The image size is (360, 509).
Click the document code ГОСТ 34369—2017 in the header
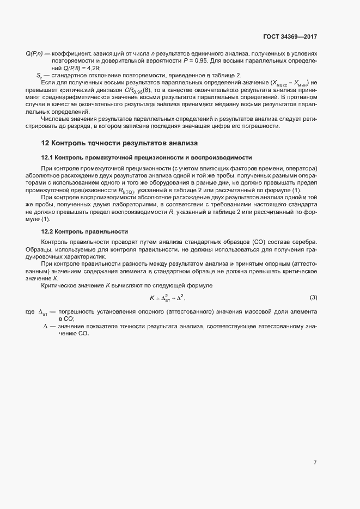coord(289,37)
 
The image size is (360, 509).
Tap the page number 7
coord(315,463)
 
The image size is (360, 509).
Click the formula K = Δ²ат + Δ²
coord(171,298)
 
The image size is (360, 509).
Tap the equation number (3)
coord(313,298)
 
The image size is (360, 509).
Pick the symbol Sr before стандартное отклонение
coord(39,75)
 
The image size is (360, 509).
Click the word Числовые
coord(54,119)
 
